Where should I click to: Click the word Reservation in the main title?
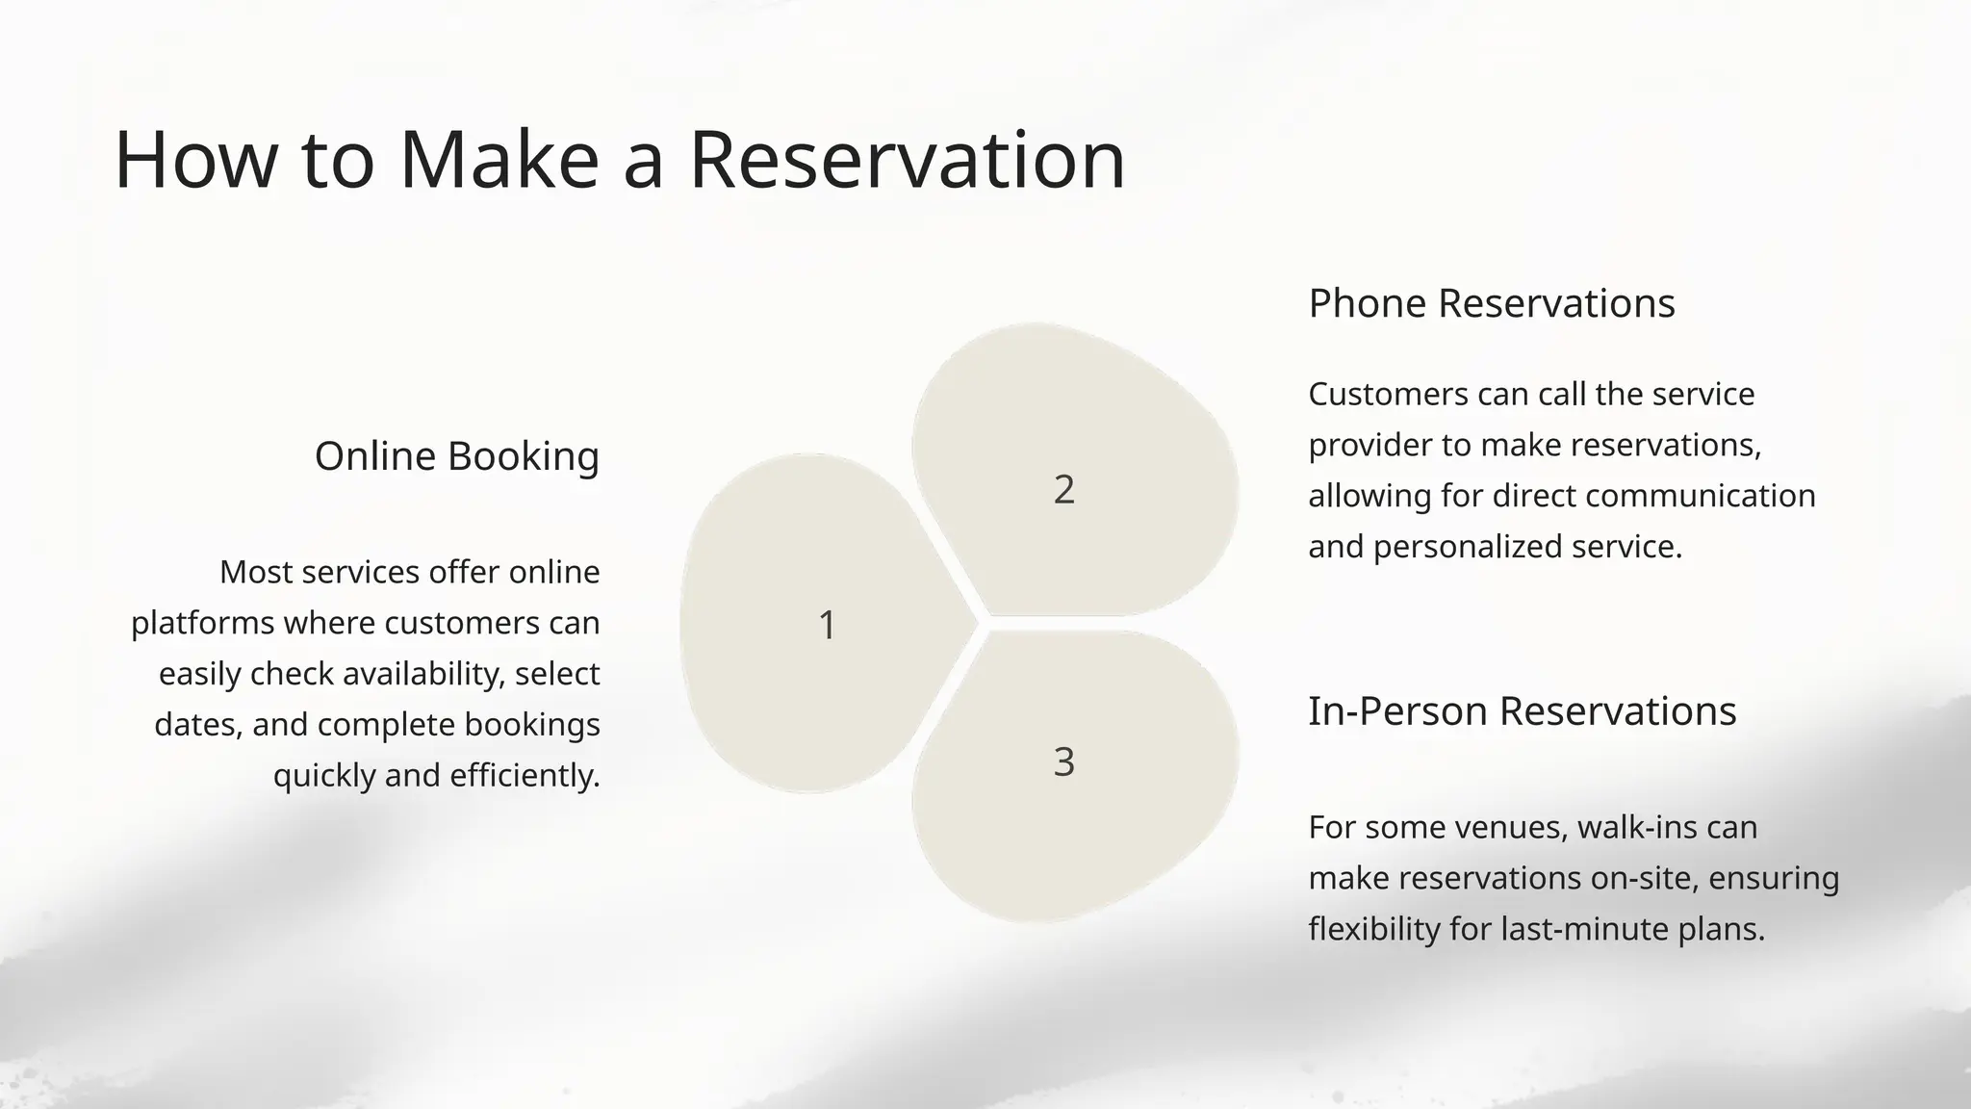pyautogui.click(x=907, y=160)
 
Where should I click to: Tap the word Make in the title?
pyautogui.click(x=499, y=160)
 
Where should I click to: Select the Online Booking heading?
pyautogui.click(x=456, y=456)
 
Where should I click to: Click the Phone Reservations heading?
pyautogui.click(x=1491, y=303)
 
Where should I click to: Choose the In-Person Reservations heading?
pyautogui.click(x=1522, y=711)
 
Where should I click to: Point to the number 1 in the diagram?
pyautogui.click(x=827, y=625)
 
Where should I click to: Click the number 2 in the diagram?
pyautogui.click(x=1063, y=490)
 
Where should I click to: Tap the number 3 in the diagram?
pyautogui.click(x=1063, y=762)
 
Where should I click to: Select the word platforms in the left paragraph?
pyautogui.click(x=202, y=624)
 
